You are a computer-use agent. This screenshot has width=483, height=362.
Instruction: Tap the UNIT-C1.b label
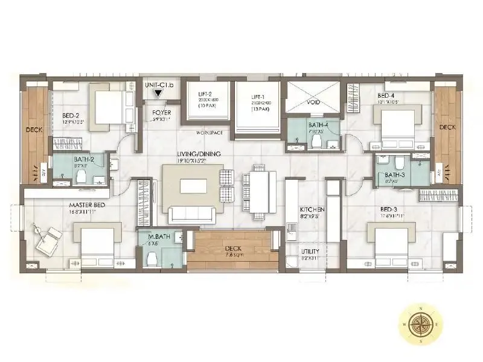point(159,86)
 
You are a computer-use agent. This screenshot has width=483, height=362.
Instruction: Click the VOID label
point(313,103)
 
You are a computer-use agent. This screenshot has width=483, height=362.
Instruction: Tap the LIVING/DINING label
point(199,154)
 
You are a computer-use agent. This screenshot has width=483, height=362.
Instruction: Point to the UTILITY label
point(312,251)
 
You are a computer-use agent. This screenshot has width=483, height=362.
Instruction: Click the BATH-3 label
point(391,175)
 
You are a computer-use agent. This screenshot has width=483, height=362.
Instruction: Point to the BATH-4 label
point(316,125)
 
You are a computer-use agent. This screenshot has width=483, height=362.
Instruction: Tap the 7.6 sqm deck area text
point(232,255)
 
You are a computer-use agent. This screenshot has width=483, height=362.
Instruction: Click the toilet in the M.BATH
point(152,258)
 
